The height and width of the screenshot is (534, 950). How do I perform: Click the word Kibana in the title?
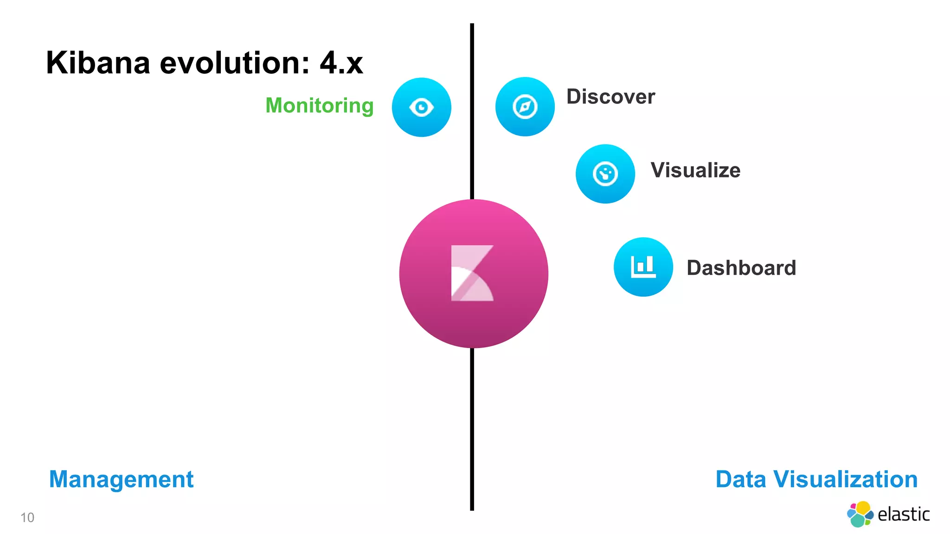point(98,63)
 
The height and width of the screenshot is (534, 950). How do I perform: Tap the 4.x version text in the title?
point(341,63)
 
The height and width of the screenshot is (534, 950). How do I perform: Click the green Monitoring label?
point(319,106)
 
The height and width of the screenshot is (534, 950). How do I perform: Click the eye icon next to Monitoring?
point(421,107)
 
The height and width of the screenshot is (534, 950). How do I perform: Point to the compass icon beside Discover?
point(525,107)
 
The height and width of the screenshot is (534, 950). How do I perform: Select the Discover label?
point(610,97)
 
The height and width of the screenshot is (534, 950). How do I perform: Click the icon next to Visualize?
point(605,174)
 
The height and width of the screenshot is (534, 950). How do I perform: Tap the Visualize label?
point(695,170)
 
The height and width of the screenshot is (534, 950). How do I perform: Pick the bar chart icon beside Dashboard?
point(643,267)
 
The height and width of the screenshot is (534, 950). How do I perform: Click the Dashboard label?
point(741,268)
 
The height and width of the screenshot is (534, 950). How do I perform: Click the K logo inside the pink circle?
point(472,273)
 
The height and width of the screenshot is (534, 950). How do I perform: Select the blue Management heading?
point(121,479)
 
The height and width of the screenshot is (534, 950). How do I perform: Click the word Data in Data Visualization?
point(740,479)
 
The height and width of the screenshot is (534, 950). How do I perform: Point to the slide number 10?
point(27,517)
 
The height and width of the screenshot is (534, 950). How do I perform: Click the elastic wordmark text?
point(903,515)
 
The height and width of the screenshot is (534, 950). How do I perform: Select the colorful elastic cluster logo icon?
point(860,514)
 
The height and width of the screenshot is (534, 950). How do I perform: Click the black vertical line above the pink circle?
point(472,111)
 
